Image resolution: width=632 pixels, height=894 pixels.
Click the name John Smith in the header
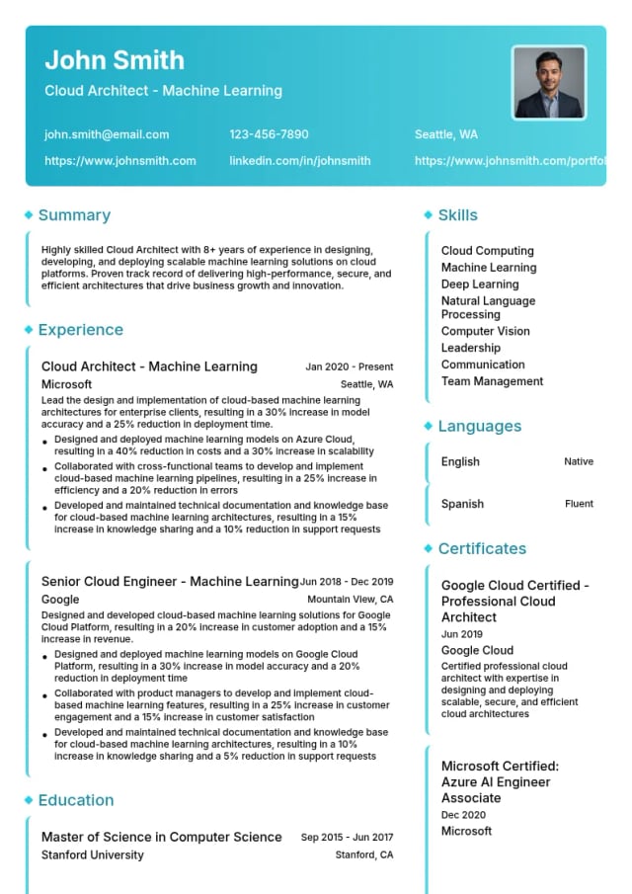[115, 60]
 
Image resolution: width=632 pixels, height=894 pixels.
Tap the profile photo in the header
[549, 82]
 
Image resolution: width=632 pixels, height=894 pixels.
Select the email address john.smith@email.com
[107, 134]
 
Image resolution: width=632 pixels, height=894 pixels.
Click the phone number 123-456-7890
[269, 134]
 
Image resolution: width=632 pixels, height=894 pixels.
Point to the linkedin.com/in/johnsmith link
[300, 160]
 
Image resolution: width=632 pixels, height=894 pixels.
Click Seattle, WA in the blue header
[445, 134]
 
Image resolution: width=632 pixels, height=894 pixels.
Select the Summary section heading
[74, 215]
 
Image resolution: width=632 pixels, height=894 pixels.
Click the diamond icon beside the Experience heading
[29, 330]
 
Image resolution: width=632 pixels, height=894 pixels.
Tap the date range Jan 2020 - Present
[349, 366]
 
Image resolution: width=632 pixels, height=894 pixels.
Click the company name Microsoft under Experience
[66, 384]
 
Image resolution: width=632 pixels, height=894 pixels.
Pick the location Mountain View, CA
[350, 600]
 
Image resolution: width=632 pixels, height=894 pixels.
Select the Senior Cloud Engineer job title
[169, 582]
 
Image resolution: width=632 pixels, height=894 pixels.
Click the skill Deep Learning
[480, 284]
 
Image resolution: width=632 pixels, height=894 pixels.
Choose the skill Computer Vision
[485, 331]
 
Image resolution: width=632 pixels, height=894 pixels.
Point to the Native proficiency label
[579, 461]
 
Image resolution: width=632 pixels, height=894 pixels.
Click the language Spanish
[462, 504]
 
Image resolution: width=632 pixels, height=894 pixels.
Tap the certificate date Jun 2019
[461, 634]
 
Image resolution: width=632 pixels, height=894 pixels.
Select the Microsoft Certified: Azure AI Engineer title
[500, 781]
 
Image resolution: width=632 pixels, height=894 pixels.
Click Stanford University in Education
[92, 854]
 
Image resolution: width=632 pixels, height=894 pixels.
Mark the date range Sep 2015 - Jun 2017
[347, 837]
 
